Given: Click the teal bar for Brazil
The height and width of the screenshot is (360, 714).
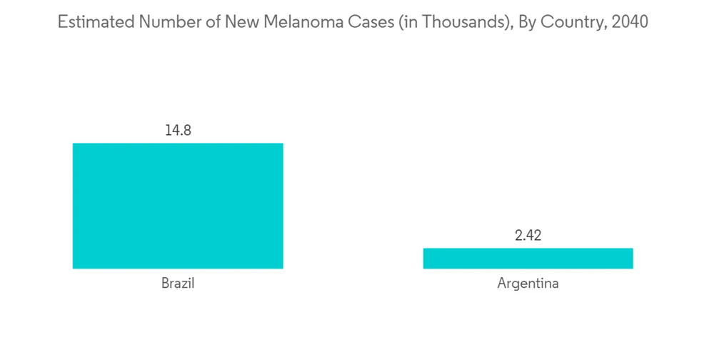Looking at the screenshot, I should tap(178, 206).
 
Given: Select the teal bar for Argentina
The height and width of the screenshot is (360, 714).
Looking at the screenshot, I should tap(528, 258).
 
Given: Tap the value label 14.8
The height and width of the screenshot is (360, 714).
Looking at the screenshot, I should tap(178, 131).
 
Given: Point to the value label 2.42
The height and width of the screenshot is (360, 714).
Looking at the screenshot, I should tap(528, 236).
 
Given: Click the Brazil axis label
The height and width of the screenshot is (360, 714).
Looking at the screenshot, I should tap(178, 284).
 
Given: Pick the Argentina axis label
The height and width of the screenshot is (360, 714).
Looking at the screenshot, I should tap(528, 284).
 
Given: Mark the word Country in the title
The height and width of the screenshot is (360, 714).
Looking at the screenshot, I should tap(562, 22).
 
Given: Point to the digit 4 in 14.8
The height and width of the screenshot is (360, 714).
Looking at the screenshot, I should tap(175, 131).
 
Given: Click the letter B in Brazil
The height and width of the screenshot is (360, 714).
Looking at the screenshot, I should tap(165, 284).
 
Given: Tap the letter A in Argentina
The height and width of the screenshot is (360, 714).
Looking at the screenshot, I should tap(501, 284).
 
